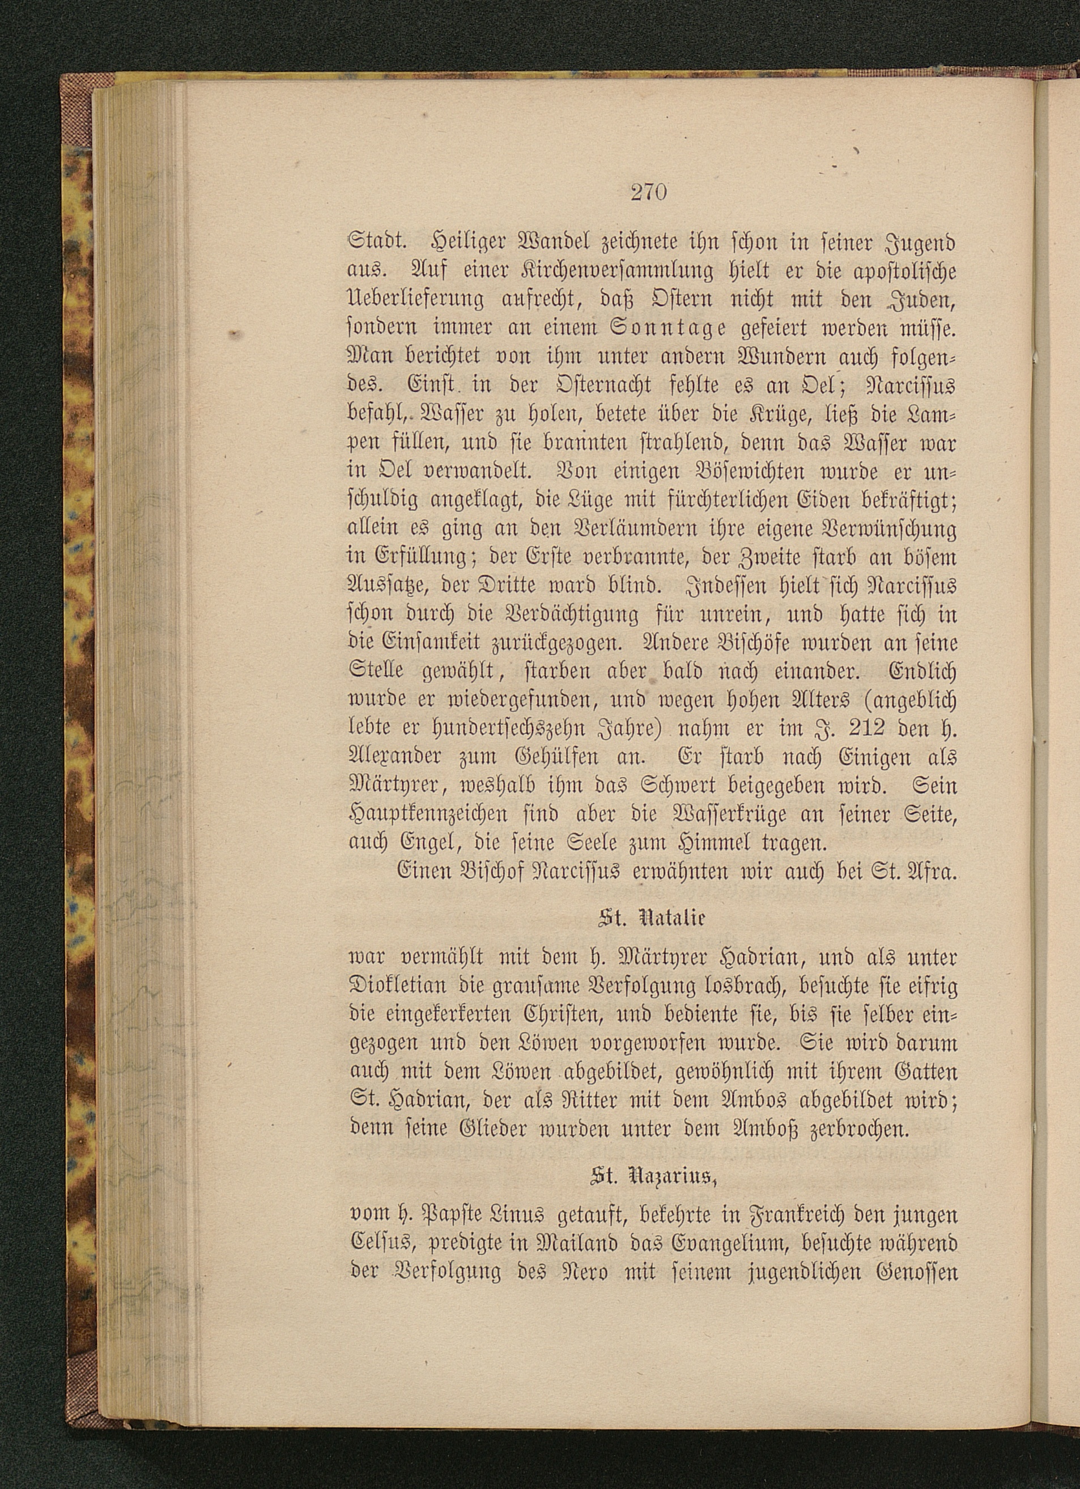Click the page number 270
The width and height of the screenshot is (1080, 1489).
coord(649,193)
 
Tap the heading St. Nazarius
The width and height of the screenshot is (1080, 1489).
coord(652,1177)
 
